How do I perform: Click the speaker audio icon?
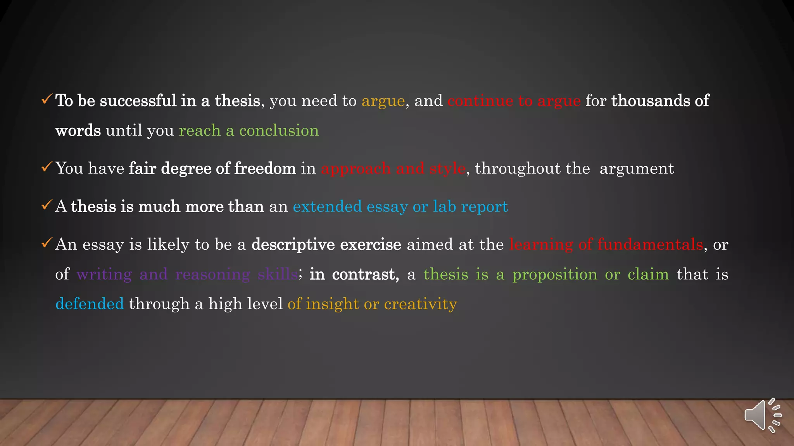coord(762,415)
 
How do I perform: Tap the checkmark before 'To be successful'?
coord(47,99)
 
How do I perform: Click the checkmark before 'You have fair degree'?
coord(47,167)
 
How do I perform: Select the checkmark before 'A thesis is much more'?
coord(47,205)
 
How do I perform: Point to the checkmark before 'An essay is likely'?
coord(47,243)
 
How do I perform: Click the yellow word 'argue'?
coord(383,101)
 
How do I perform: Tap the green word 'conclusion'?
coord(279,131)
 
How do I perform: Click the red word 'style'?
coord(447,169)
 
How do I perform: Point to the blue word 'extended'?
coord(327,206)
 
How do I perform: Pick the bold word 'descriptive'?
coord(293,245)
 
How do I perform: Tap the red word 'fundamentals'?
coord(650,244)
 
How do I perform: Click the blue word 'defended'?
coord(90,304)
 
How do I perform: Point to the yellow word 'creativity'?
coord(420,304)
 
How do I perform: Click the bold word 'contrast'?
coord(365,274)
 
